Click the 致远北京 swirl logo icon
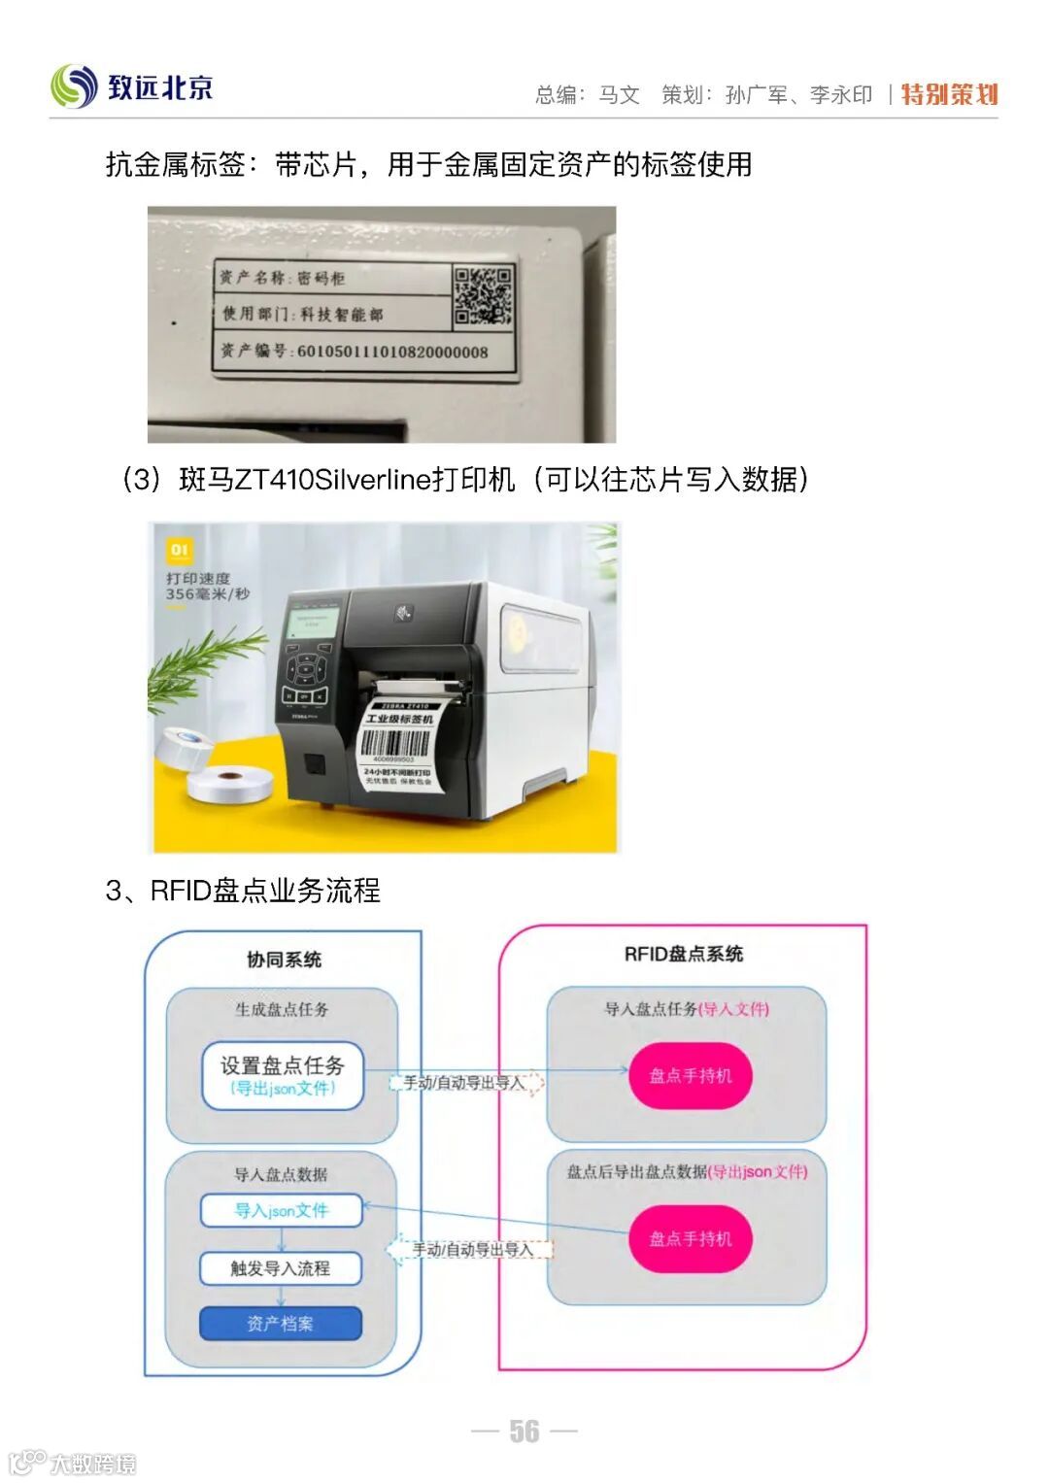click(x=74, y=86)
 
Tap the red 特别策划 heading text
click(x=949, y=94)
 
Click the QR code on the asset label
click(x=483, y=296)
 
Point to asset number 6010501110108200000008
click(x=391, y=352)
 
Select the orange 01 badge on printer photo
click(x=180, y=551)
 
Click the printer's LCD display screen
click(x=313, y=623)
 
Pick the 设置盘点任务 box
click(x=282, y=1075)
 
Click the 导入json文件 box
click(x=281, y=1210)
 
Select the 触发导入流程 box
click(x=281, y=1268)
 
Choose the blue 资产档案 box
click(x=281, y=1323)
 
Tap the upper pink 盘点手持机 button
click(x=691, y=1075)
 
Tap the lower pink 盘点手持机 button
click(x=691, y=1238)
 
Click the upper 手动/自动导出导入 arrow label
click(x=465, y=1083)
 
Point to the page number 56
click(x=524, y=1431)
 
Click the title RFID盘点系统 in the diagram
click(x=683, y=955)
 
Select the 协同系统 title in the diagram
click(x=284, y=960)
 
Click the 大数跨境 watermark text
click(x=93, y=1463)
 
